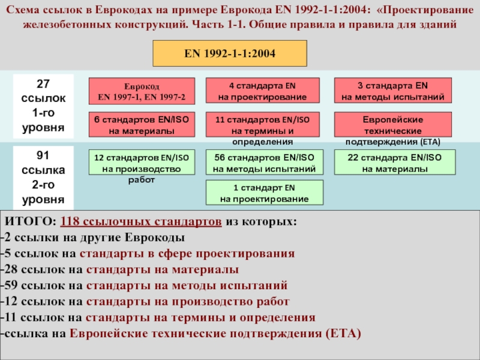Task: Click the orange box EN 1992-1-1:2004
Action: (x=230, y=53)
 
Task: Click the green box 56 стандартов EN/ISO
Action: (x=264, y=163)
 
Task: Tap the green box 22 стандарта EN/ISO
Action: (x=395, y=163)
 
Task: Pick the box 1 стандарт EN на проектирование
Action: (x=264, y=193)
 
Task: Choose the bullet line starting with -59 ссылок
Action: (x=144, y=285)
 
